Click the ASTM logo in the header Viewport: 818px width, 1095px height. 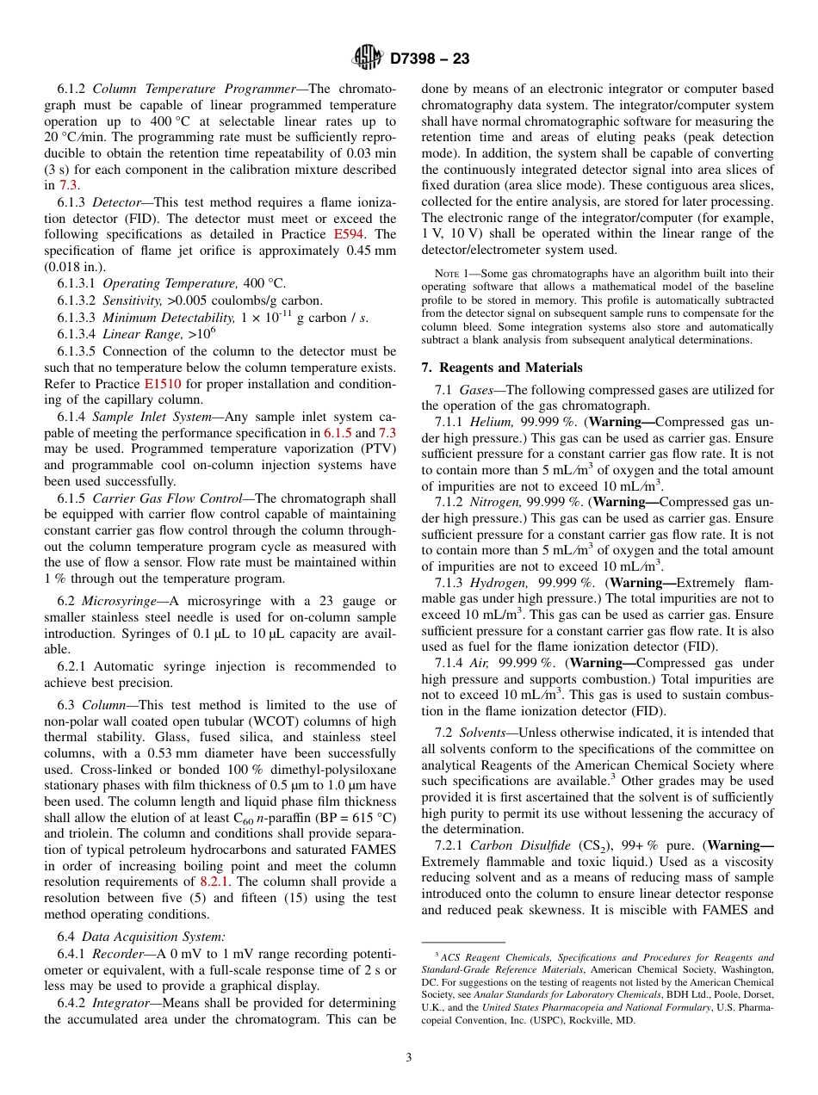pos(368,59)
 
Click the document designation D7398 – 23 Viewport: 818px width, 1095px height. pos(430,59)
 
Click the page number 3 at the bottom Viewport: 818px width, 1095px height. pos(409,1056)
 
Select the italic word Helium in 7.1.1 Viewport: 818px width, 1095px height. pos(494,422)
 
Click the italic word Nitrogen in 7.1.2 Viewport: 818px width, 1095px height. pos(498,502)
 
